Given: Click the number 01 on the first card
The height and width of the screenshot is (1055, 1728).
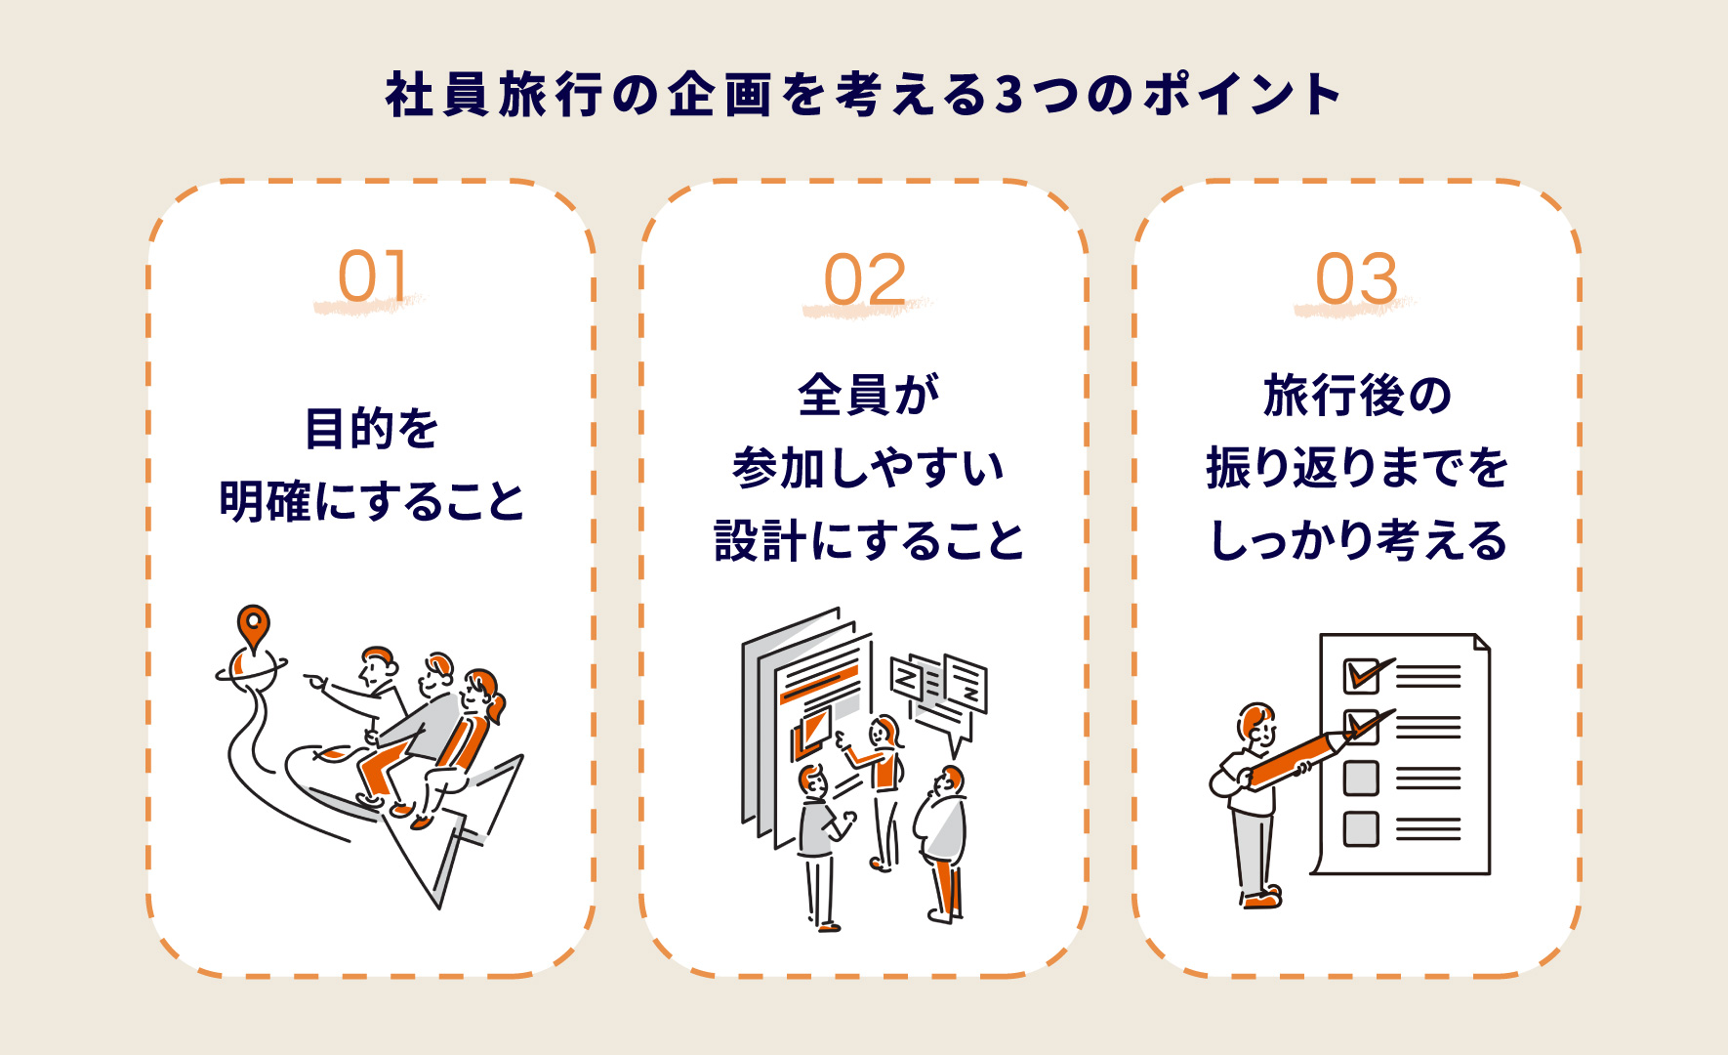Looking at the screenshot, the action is pyautogui.click(x=372, y=276).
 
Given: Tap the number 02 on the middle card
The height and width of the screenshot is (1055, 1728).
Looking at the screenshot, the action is pyautogui.click(x=865, y=279).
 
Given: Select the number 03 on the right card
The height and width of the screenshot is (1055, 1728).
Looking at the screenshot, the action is pyautogui.click(x=1357, y=279).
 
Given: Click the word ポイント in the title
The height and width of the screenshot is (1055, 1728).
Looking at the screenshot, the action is pyautogui.click(x=1243, y=96).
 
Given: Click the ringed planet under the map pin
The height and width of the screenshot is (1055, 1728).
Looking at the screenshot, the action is pyautogui.click(x=251, y=670).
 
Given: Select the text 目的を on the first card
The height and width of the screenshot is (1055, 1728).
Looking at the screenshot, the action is pyautogui.click(x=372, y=429).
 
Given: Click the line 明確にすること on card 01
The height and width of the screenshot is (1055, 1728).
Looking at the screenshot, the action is pyautogui.click(x=372, y=502).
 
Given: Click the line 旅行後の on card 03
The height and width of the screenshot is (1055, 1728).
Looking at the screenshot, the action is pyautogui.click(x=1358, y=395).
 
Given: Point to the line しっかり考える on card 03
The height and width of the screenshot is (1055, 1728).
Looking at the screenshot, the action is pyautogui.click(x=1358, y=540).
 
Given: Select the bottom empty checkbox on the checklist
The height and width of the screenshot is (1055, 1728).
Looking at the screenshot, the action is pyautogui.click(x=1361, y=829).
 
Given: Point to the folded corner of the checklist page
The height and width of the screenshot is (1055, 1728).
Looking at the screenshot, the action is pyautogui.click(x=1482, y=642).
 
